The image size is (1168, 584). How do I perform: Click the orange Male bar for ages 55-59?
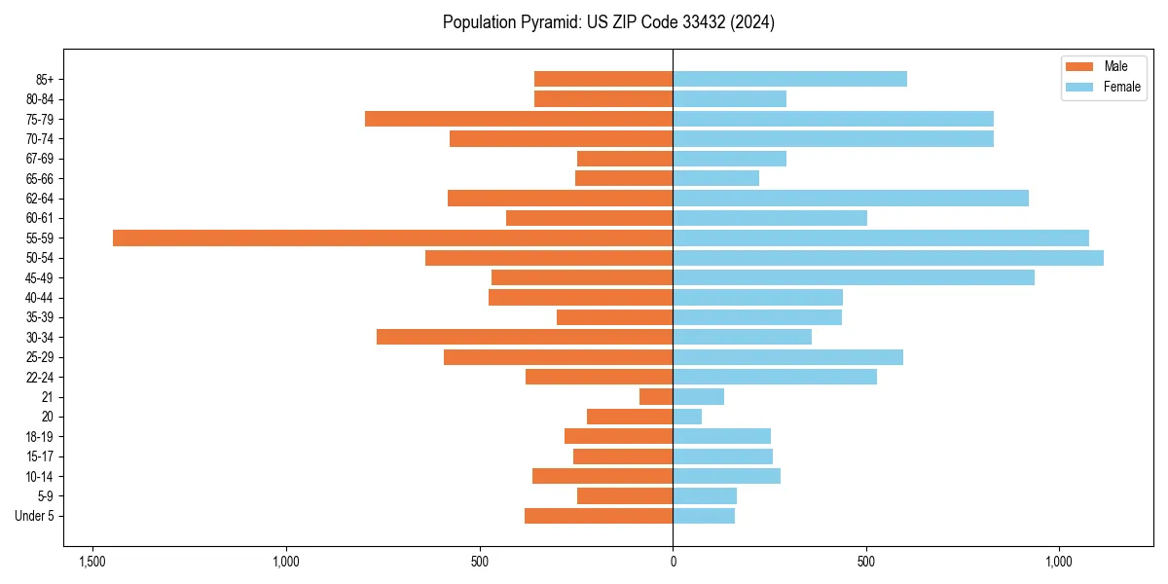pyautogui.click(x=392, y=237)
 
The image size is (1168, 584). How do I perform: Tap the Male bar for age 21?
pyautogui.click(x=656, y=396)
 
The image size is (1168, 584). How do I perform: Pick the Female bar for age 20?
pyautogui.click(x=687, y=417)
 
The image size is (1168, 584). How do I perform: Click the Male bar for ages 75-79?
pyautogui.click(x=519, y=119)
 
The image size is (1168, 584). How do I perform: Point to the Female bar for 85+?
pyautogui.click(x=789, y=79)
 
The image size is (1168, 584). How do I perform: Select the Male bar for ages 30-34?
pyautogui.click(x=525, y=337)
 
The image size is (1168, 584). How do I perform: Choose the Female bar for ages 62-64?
pyautogui.click(x=851, y=199)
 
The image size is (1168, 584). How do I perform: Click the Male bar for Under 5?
pyautogui.click(x=599, y=516)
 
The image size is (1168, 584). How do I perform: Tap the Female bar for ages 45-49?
pyautogui.click(x=854, y=277)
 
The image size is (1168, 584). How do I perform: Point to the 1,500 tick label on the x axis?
pyautogui.click(x=92, y=563)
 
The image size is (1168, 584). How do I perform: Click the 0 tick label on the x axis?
pyautogui.click(x=673, y=563)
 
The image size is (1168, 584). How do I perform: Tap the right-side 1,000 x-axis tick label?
pyautogui.click(x=1059, y=563)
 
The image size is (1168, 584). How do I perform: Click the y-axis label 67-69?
pyautogui.click(x=40, y=159)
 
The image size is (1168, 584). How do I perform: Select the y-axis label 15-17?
pyautogui.click(x=40, y=456)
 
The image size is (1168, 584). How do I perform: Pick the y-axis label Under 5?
pyautogui.click(x=34, y=516)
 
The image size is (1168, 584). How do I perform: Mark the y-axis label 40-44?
pyautogui.click(x=40, y=298)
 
